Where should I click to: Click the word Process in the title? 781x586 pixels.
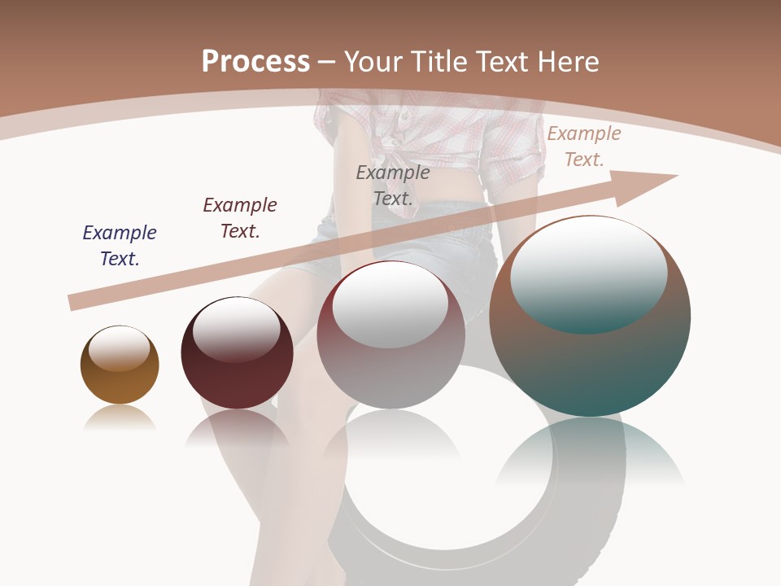coord(255,62)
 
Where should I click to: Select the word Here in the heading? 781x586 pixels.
coord(569,62)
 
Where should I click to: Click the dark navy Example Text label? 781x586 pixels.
coord(120,245)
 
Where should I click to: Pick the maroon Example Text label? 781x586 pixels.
coord(240,217)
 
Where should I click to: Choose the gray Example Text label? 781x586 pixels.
coord(393,185)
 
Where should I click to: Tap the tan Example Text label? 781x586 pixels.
coord(584,146)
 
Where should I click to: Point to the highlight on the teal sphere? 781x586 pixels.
coord(589,277)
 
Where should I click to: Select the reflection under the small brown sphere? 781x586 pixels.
coord(120,418)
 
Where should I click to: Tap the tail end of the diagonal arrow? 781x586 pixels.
coord(76,303)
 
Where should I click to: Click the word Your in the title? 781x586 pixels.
coord(371,62)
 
